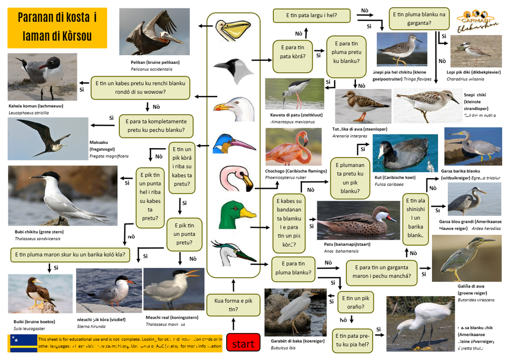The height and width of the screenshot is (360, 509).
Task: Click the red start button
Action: [x=243, y=343]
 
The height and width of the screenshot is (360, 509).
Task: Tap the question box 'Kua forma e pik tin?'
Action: [x=233, y=305]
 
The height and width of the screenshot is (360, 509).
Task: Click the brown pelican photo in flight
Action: [x=155, y=31]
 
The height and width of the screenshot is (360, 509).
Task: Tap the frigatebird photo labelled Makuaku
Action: [x=48, y=139]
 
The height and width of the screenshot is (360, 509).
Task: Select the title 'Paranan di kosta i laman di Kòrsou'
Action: [x=57, y=27]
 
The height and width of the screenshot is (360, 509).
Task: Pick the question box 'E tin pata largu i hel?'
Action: [x=311, y=15]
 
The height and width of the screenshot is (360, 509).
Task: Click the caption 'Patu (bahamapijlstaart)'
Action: [x=347, y=244]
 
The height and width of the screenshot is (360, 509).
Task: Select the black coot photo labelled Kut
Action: [x=405, y=153]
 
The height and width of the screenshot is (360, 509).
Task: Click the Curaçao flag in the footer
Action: [x=23, y=343]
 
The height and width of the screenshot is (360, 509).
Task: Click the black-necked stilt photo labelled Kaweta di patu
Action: [x=294, y=94]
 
